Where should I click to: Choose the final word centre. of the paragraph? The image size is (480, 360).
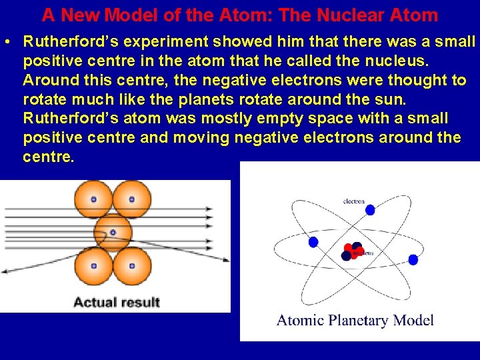click(x=49, y=157)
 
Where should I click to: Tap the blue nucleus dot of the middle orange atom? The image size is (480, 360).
click(x=113, y=233)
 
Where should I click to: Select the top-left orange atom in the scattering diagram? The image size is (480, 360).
click(x=93, y=199)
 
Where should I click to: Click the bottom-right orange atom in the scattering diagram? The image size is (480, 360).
click(x=131, y=265)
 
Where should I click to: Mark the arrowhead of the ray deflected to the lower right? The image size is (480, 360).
click(x=225, y=259)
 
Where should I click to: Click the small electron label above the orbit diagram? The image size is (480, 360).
click(x=353, y=201)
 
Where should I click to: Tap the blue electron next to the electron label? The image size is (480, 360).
click(x=370, y=210)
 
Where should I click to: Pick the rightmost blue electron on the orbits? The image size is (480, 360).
click(x=413, y=259)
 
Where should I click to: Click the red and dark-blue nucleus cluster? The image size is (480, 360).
click(x=353, y=251)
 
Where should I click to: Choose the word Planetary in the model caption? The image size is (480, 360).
click(x=361, y=321)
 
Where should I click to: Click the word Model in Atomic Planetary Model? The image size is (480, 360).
click(x=415, y=320)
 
